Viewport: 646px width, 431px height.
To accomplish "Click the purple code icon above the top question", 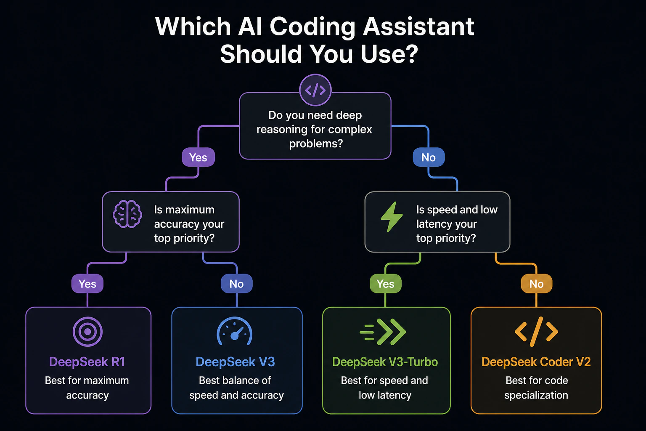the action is (315, 90).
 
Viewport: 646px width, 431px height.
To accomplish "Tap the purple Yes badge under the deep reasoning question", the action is (198, 157).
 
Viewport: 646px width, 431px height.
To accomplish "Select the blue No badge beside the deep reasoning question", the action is (429, 157).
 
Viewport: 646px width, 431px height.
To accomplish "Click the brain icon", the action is (127, 214).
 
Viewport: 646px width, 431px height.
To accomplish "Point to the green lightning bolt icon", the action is (392, 216).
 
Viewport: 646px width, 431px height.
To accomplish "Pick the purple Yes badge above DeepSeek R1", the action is (87, 284).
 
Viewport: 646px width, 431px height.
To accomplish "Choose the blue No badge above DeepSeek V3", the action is (236, 284).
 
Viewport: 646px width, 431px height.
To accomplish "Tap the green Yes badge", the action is (386, 284).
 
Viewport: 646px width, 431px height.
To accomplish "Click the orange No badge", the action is (536, 284).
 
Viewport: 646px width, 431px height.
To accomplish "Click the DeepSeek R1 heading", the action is (87, 362).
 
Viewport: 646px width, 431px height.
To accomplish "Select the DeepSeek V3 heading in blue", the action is (236, 362).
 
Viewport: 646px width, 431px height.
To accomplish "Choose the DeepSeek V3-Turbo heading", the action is (385, 362).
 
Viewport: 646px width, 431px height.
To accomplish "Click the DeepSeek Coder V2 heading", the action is (536, 362).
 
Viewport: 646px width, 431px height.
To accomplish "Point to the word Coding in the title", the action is (312, 27).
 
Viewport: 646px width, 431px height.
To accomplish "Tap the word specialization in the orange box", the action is (536, 395).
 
